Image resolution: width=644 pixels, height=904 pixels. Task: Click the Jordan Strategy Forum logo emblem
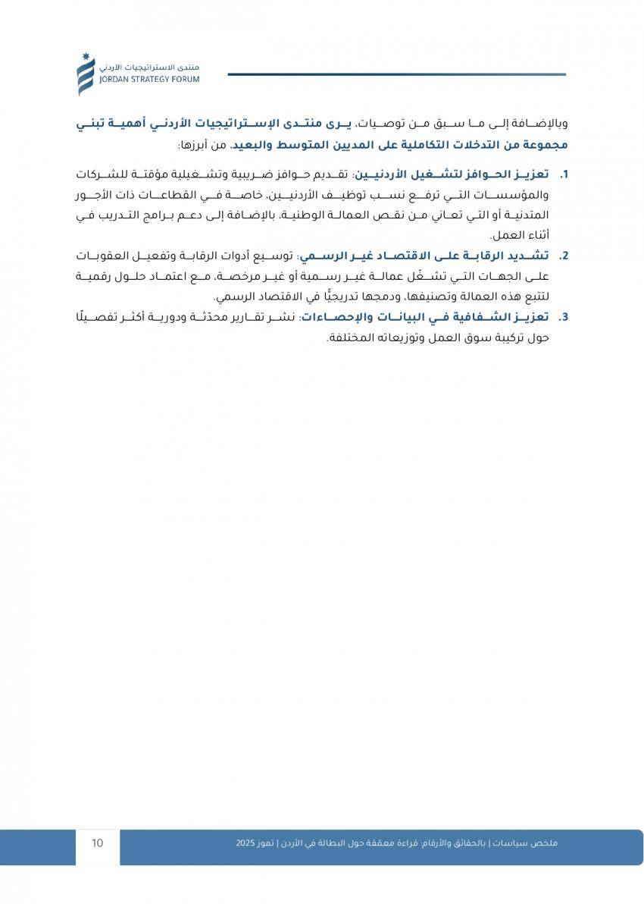point(86,74)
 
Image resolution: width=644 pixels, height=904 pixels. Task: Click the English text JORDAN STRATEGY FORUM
point(148,79)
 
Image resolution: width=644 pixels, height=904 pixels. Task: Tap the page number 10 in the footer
point(98,843)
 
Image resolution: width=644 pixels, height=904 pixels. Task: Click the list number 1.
point(564,174)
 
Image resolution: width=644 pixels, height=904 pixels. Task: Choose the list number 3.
point(564,316)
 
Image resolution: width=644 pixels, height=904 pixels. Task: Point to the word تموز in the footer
point(270,843)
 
